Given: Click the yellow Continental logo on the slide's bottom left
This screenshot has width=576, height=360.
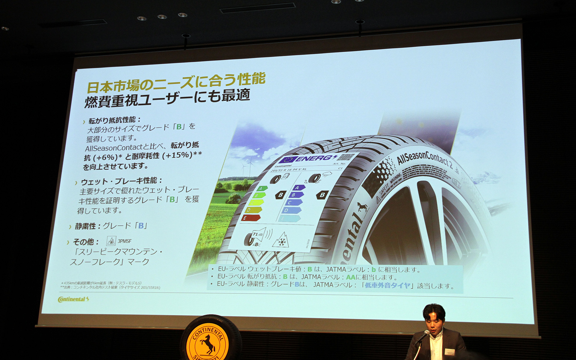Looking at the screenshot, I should (x=73, y=299).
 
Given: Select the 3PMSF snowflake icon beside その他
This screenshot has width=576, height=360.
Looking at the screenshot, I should (x=111, y=241).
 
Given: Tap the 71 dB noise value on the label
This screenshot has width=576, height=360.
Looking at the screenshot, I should (x=257, y=234).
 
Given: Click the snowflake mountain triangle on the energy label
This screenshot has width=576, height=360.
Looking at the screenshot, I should (x=281, y=240).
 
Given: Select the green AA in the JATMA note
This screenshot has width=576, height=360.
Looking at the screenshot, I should (x=350, y=277).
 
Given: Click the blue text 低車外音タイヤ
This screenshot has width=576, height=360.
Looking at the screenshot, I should (x=387, y=285).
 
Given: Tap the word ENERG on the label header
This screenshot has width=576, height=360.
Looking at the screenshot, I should (x=313, y=158).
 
